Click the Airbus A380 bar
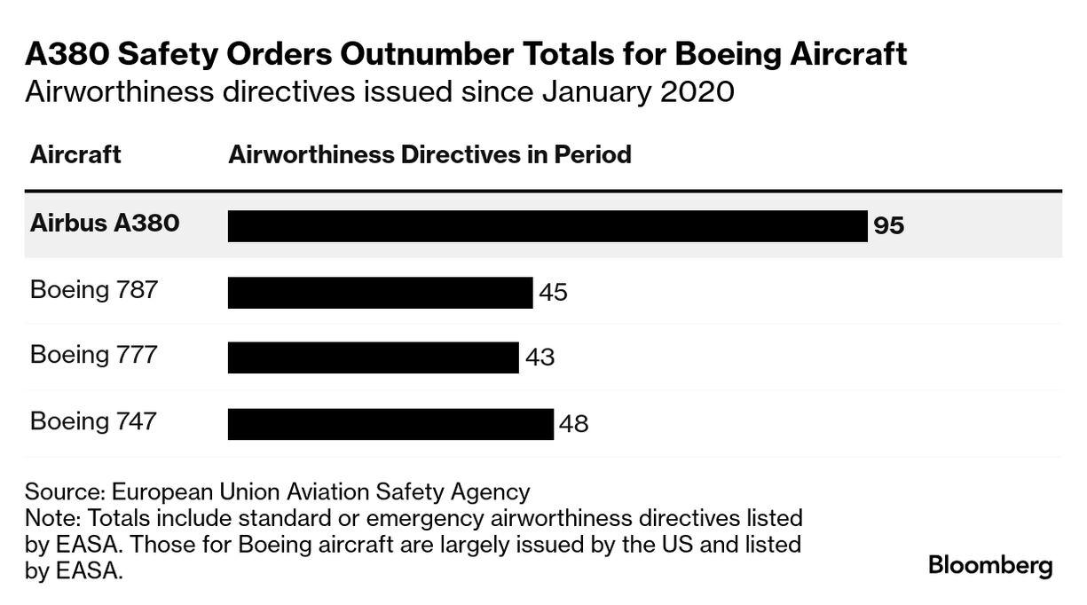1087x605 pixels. tap(547, 226)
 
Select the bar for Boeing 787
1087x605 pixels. tap(380, 293)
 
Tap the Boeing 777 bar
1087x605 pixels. tap(373, 357)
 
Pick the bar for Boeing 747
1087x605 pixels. tap(390, 424)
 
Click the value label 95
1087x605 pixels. tap(888, 226)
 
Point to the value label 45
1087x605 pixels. tap(553, 293)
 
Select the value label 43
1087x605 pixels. tap(540, 357)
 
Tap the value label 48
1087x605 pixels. tap(574, 424)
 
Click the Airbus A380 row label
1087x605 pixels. tap(105, 223)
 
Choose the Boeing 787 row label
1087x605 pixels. tap(94, 289)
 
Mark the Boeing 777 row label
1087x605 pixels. tap(94, 354)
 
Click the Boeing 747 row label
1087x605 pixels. tap(94, 420)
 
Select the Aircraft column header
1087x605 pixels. tap(75, 154)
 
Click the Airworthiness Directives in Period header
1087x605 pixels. tap(429, 154)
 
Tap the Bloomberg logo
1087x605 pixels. tap(990, 566)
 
